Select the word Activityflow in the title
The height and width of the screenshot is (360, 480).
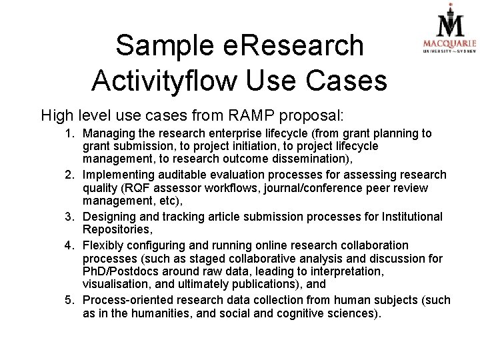click(163, 80)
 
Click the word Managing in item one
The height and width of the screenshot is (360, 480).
click(107, 134)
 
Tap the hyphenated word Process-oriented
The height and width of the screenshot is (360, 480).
click(128, 300)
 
